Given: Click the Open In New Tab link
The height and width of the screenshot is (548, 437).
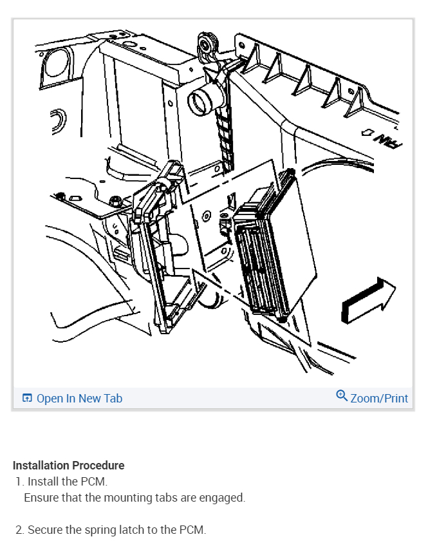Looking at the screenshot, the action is (x=72, y=398).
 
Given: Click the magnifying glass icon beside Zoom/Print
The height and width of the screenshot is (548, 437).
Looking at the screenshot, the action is (x=342, y=396).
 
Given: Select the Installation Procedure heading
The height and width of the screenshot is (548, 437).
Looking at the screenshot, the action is (x=68, y=465).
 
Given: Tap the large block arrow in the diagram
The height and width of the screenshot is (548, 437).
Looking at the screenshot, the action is (x=368, y=301).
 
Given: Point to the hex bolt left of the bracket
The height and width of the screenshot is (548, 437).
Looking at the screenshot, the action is (x=115, y=202).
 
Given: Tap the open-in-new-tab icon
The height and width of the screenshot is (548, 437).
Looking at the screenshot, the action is (x=27, y=398).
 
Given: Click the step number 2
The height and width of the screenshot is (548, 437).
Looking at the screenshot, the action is (x=19, y=530).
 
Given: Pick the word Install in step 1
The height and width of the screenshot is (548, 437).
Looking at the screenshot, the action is (x=42, y=482).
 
